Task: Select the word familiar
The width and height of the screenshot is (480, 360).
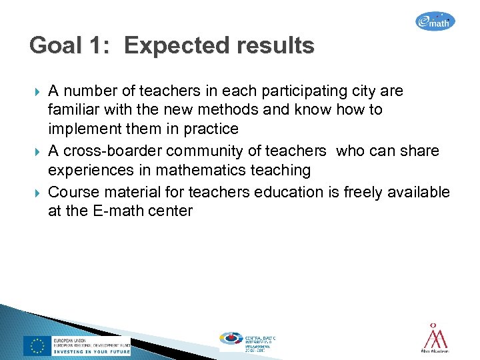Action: tap(74, 109)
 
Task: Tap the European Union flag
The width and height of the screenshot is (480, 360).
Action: tap(37, 345)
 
